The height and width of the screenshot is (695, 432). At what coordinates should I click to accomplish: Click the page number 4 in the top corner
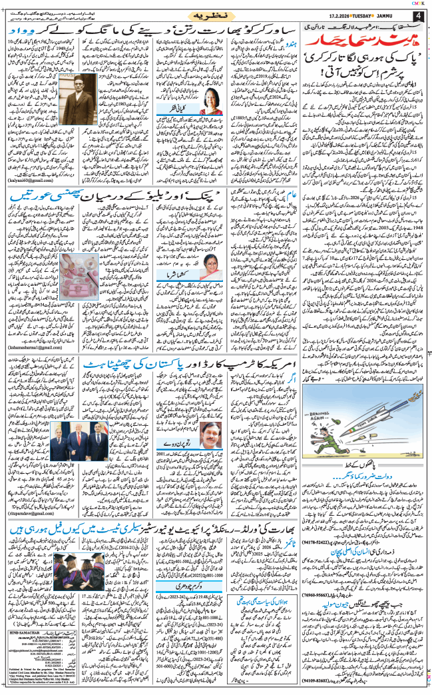click(418, 15)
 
